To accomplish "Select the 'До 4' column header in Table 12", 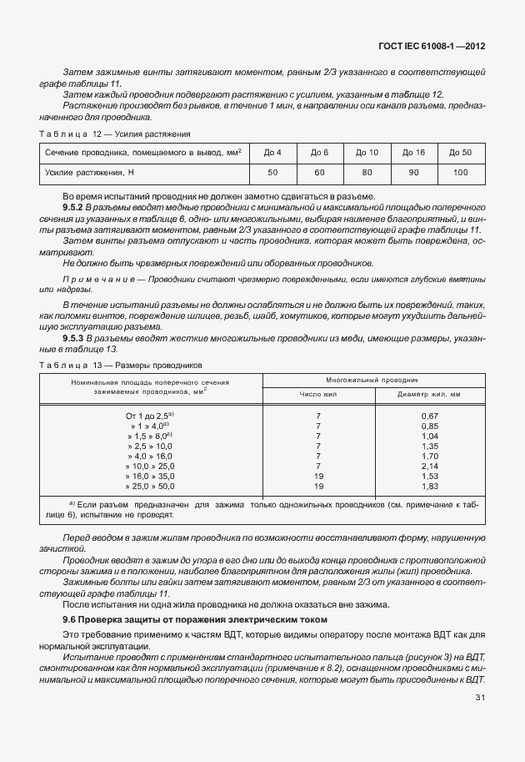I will pyautogui.click(x=272, y=152).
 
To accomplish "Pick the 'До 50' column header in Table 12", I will pyautogui.click(x=460, y=152).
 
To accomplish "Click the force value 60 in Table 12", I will pyautogui.click(x=319, y=172).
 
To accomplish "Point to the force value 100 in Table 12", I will pyautogui.click(x=460, y=172).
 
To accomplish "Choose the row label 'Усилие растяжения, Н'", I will pyautogui.click(x=89, y=172).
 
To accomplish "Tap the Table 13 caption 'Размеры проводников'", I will pyautogui.click(x=157, y=366).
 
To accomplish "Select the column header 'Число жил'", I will pyautogui.click(x=318, y=394).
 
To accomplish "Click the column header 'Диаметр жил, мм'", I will pyautogui.click(x=429, y=394).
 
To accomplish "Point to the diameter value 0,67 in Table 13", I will pyautogui.click(x=430, y=416).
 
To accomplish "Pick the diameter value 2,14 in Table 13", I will pyautogui.click(x=430, y=466).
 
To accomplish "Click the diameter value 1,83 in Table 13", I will pyautogui.click(x=430, y=486).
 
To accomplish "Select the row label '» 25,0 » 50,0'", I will pyautogui.click(x=149, y=486).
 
